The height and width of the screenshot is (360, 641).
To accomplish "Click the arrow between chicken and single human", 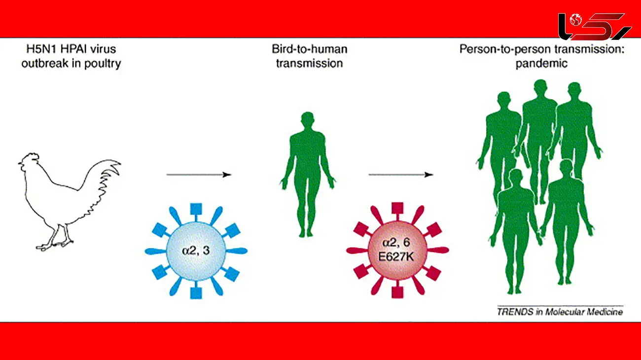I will [199, 175].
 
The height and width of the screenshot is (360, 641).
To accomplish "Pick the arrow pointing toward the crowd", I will [400, 175].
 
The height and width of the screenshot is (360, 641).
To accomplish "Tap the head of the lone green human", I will [307, 120].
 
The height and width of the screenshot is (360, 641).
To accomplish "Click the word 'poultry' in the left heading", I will [103, 64].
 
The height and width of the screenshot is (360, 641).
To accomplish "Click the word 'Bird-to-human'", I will [309, 49].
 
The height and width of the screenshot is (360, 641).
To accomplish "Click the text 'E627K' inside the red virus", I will [397, 257].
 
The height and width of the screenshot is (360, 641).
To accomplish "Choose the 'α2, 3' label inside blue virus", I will [196, 251].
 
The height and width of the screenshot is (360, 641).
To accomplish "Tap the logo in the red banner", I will [594, 26].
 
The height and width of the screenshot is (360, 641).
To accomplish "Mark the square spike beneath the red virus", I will [397, 292].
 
